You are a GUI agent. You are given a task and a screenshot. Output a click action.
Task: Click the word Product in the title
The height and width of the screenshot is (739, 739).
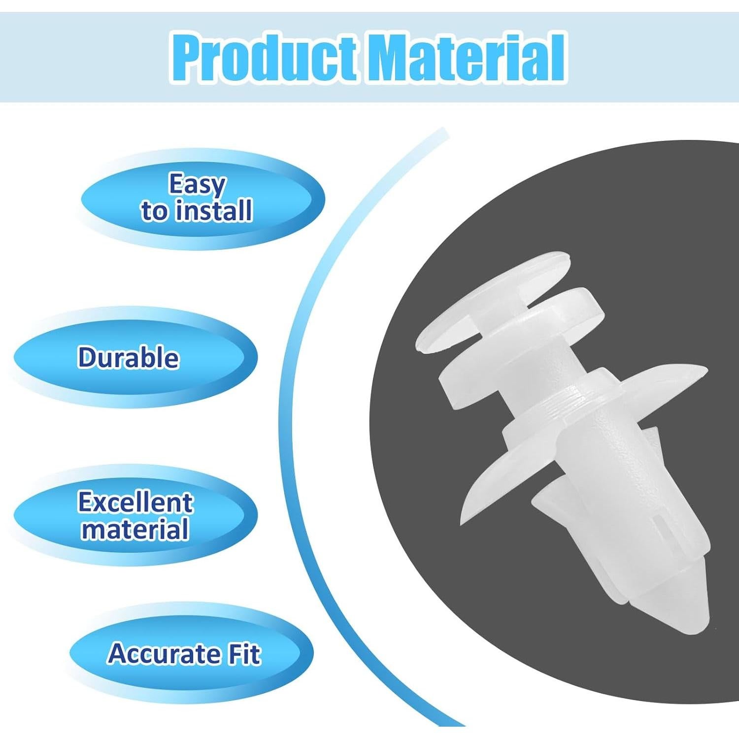click(x=265, y=58)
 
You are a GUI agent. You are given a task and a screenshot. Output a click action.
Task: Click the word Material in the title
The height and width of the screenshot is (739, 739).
click(x=466, y=58)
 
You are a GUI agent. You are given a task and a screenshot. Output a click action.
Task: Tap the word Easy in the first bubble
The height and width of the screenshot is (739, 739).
click(x=197, y=185)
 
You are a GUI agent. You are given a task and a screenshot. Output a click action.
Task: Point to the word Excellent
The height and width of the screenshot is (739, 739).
click(x=135, y=503)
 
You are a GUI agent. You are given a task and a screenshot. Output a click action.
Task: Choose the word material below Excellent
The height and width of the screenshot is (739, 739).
click(x=135, y=530)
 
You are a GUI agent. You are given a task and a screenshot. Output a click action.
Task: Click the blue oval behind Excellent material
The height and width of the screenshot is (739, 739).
click(x=135, y=515)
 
